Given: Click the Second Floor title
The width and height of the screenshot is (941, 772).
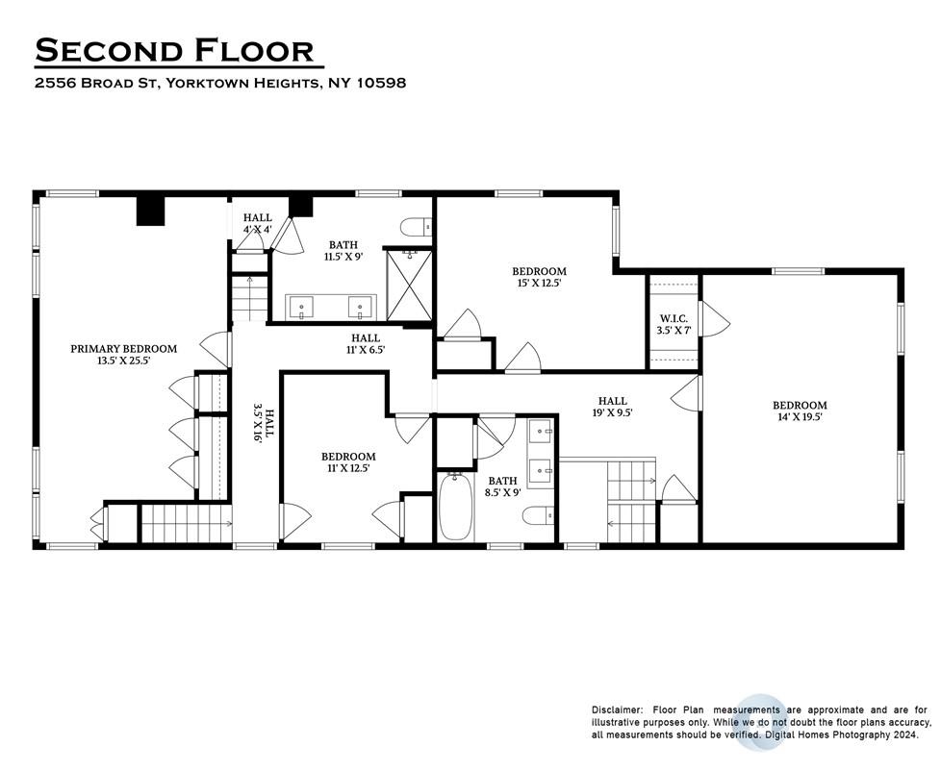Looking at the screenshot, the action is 175,50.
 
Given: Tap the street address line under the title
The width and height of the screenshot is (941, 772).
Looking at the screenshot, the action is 220,83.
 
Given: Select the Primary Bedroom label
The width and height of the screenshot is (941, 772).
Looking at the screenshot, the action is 123,349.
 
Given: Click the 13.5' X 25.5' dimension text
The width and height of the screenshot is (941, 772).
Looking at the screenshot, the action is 123,361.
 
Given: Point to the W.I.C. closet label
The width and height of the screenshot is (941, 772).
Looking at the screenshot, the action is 674,318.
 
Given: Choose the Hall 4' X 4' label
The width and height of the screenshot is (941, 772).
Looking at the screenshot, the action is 258,223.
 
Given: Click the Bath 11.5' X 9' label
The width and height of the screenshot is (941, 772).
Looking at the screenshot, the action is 343,250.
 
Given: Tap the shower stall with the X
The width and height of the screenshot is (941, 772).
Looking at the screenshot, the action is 409,285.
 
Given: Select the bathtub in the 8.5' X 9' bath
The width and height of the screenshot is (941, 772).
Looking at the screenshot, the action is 455,507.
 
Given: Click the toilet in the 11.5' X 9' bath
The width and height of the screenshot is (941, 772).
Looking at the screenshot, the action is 416,228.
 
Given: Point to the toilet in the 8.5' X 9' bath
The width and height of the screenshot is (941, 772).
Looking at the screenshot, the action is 538,516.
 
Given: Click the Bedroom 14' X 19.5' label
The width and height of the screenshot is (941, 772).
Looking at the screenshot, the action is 800,411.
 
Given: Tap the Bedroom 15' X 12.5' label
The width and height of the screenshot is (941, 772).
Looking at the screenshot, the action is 539,277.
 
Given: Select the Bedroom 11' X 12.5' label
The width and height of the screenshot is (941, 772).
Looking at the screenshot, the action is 348,461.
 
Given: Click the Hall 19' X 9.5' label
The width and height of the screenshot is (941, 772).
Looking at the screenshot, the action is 612,407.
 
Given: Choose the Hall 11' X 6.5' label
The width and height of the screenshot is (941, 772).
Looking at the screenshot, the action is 366,344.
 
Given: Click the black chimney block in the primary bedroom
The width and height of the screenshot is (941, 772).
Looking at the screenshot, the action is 150,212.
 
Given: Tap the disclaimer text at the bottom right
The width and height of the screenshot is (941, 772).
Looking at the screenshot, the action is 761,722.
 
